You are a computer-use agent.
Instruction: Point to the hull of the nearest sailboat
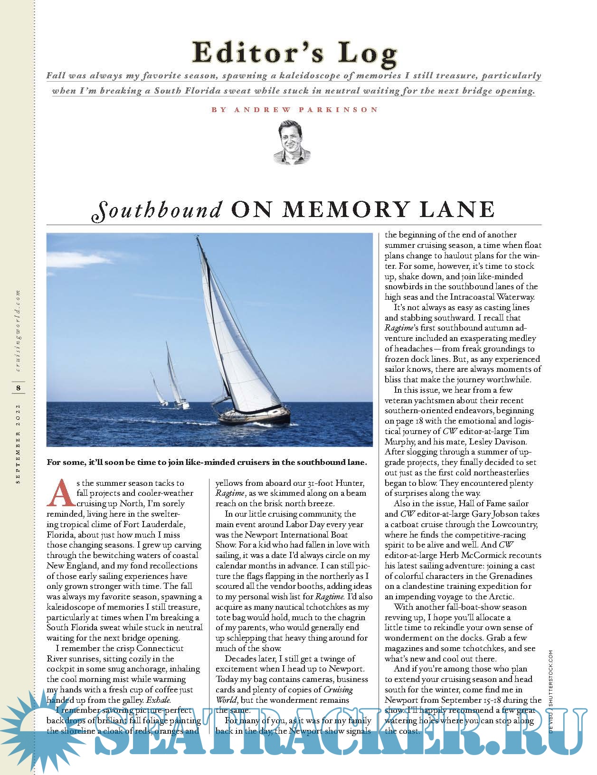pos(266,416)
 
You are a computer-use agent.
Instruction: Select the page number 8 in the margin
pos(18,388)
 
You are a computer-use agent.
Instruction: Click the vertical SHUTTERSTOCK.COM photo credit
pos(550,681)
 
